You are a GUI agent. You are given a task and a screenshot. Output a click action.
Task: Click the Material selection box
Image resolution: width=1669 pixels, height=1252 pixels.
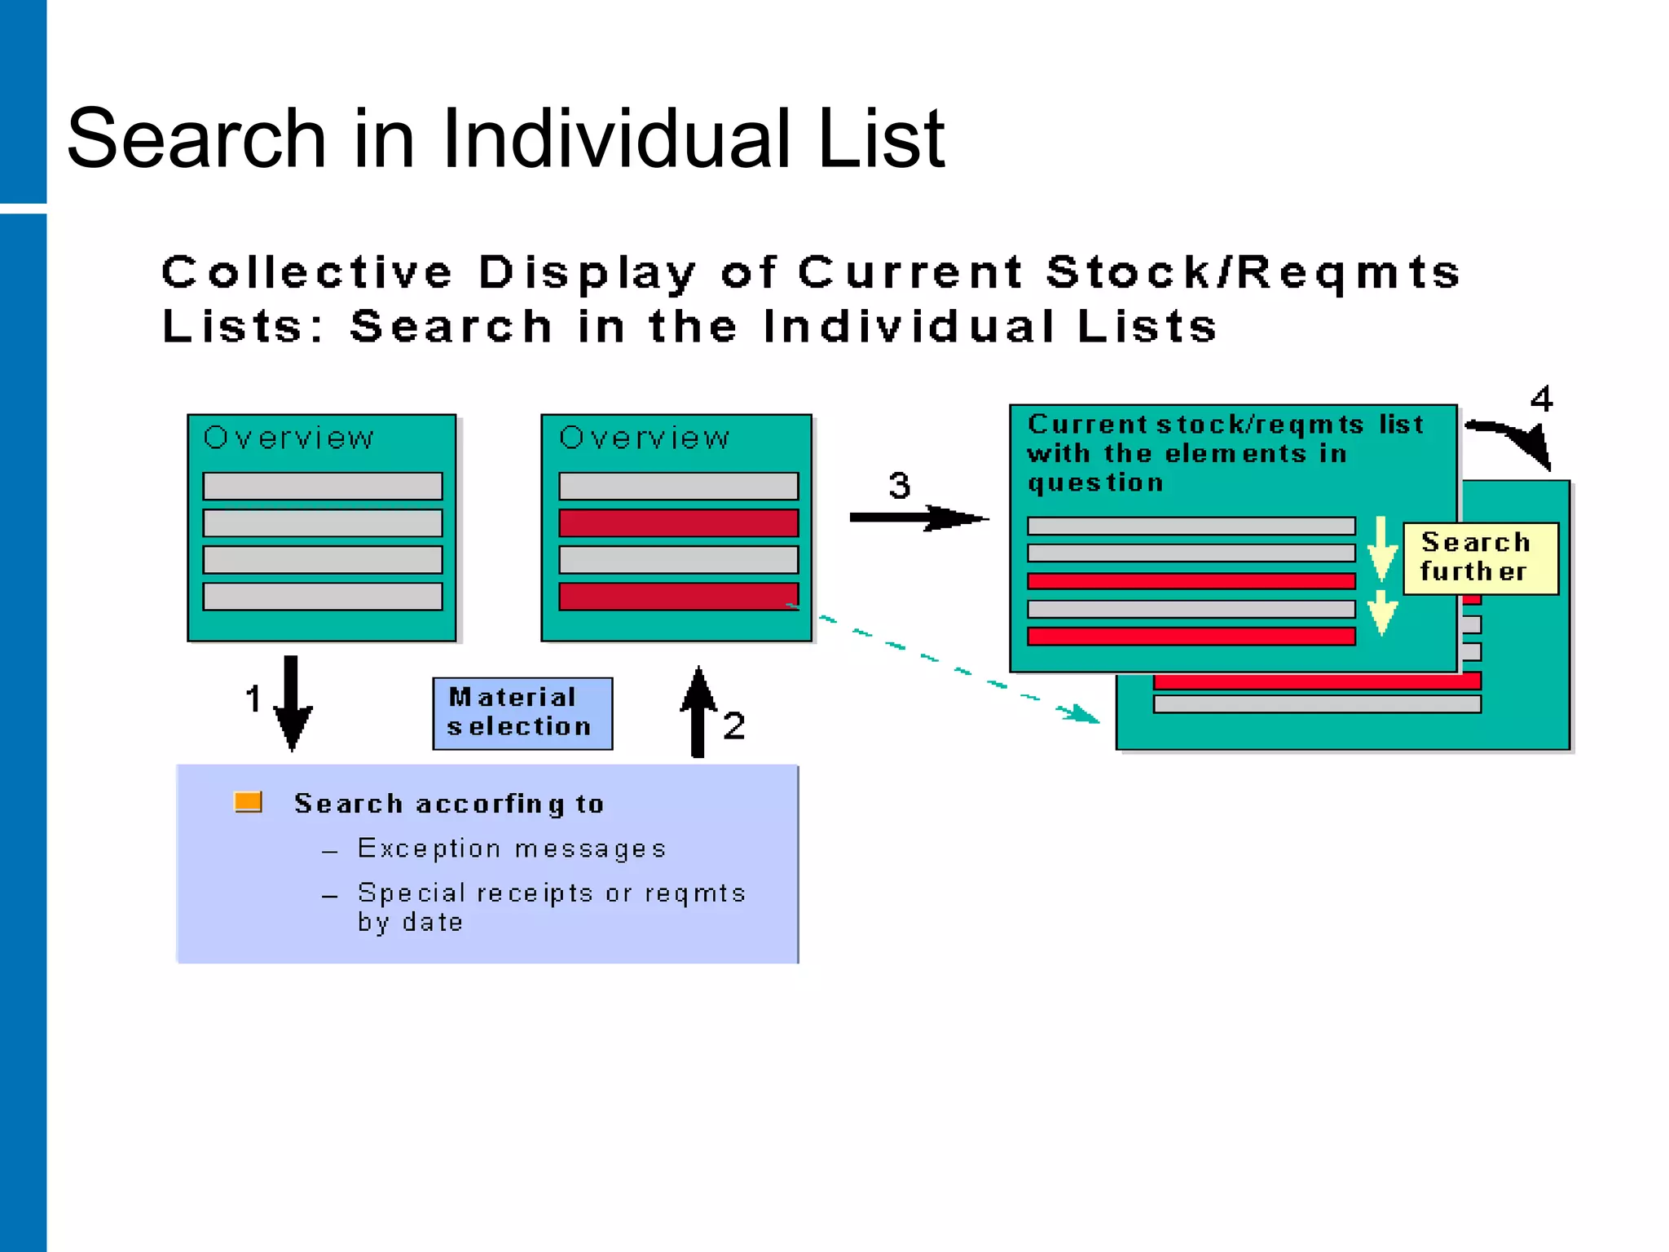point(522,713)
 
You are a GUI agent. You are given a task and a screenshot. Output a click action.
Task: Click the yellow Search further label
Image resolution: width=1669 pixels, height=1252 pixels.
point(1480,558)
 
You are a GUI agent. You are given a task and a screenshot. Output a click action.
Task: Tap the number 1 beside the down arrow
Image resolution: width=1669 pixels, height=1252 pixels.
point(253,699)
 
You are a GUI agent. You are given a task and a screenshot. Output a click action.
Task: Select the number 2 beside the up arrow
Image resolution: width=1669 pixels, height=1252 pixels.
point(733,725)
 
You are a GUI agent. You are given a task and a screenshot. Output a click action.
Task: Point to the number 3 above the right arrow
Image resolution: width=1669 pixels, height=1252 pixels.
point(899,486)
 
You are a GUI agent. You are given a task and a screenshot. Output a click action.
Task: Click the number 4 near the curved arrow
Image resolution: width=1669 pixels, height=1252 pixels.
point(1541,399)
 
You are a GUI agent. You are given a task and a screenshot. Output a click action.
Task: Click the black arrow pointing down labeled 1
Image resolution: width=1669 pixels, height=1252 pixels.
point(292,703)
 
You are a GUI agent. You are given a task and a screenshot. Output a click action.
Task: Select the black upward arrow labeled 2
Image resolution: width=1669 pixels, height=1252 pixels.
point(698,712)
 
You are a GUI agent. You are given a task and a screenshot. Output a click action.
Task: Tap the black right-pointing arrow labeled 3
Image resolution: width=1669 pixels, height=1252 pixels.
point(917,518)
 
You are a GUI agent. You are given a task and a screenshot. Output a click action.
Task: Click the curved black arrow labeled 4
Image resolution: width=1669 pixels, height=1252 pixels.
point(1516,440)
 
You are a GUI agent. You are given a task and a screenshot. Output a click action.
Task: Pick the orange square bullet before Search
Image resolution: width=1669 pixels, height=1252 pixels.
point(248,802)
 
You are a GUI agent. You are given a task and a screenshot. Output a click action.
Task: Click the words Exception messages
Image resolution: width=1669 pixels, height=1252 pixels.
point(512,849)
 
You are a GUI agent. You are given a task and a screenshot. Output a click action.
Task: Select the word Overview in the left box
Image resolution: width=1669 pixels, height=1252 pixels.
point(288,439)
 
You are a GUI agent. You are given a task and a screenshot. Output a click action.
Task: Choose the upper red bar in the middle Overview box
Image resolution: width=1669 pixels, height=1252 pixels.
point(678,523)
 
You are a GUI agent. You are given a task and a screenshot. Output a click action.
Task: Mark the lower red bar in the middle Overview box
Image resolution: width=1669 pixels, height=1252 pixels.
point(678,596)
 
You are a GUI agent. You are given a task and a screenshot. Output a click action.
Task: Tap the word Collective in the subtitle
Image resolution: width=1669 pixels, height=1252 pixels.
point(306,272)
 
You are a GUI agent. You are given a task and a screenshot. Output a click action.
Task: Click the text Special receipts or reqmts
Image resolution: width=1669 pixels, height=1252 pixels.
point(552,893)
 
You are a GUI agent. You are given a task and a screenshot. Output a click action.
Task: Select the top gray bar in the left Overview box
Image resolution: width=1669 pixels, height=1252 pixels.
point(323,486)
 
